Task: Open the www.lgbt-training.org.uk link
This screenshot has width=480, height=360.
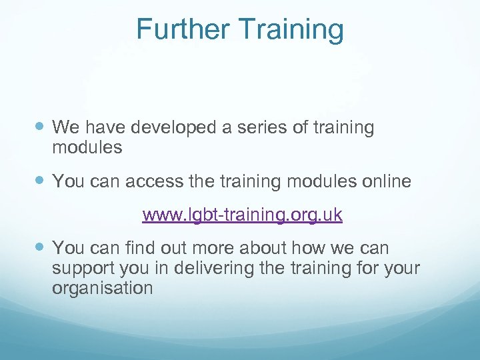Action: pyautogui.click(x=243, y=215)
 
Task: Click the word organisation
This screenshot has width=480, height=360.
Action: pyautogui.click(x=102, y=289)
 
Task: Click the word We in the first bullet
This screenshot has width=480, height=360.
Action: pyautogui.click(x=65, y=127)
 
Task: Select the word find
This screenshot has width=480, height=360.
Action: pyautogui.click(x=141, y=249)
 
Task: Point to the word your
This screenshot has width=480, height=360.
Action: pyautogui.click(x=402, y=269)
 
